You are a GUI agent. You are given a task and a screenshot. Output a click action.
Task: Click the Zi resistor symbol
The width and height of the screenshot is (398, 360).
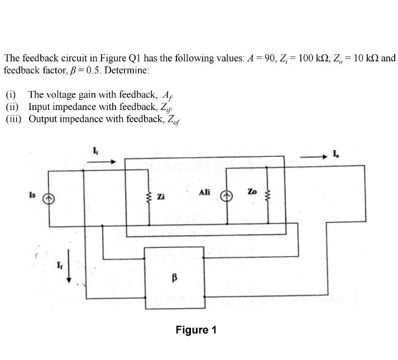click(148, 197)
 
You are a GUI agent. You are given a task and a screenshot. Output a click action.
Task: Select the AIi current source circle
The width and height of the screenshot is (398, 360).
click(227, 196)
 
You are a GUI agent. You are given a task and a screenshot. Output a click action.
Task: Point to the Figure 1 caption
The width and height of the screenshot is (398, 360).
click(195, 330)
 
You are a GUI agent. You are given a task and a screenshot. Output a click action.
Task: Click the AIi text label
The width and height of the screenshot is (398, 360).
click(204, 192)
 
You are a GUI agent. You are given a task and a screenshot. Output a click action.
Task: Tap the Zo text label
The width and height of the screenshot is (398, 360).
click(252, 191)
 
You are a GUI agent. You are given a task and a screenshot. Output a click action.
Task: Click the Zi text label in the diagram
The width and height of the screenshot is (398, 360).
click(161, 197)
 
